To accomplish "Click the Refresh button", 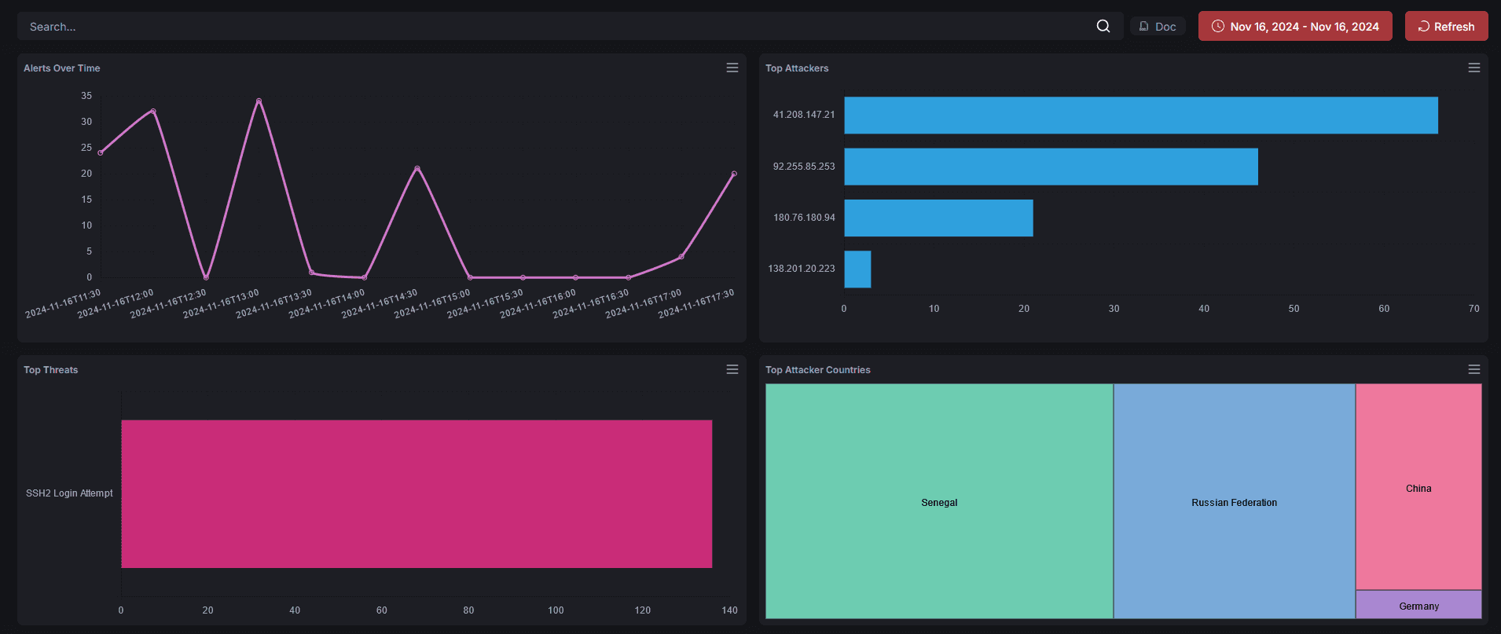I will [x=1446, y=26].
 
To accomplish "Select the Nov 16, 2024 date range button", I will [x=1294, y=26].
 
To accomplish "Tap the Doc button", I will [x=1158, y=26].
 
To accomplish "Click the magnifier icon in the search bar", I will [x=1103, y=26].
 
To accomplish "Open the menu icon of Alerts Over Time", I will [x=732, y=68].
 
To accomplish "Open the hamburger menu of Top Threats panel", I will [x=732, y=369].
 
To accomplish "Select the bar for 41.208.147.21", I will [x=1140, y=115].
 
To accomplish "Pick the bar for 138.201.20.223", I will [x=857, y=269].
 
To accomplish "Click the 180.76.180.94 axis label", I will [x=804, y=218].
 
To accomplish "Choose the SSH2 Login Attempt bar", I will [x=417, y=493].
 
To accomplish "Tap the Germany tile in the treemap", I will [x=1418, y=605].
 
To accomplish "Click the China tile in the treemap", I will [x=1418, y=487].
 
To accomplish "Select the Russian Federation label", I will [x=1234, y=503].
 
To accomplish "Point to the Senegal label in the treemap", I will [x=939, y=503].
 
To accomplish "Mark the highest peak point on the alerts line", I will [x=259, y=101].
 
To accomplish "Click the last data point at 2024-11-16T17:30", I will [x=734, y=174].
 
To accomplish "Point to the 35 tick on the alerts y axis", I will [x=86, y=96].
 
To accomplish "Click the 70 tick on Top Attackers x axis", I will [x=1473, y=309].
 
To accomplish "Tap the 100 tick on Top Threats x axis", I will [x=556, y=610].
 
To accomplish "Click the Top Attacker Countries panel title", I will [x=817, y=370].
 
